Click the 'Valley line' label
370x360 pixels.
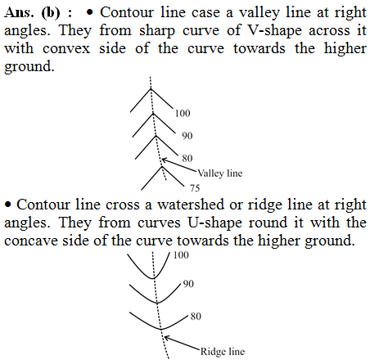(x=220, y=173)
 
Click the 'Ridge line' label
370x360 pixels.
(x=223, y=352)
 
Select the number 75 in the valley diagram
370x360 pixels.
(x=195, y=188)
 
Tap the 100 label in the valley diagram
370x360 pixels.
(x=183, y=113)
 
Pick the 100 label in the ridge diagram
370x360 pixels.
(x=181, y=255)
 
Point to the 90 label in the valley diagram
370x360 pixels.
(x=187, y=136)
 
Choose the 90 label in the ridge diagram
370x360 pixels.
(x=188, y=284)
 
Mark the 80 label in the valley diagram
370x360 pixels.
(x=187, y=158)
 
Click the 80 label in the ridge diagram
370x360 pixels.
(x=196, y=317)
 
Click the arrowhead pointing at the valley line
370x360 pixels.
(x=164, y=160)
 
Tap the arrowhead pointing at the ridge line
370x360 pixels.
(x=166, y=338)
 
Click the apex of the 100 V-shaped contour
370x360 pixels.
(x=151, y=88)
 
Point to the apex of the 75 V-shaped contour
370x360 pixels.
(x=161, y=166)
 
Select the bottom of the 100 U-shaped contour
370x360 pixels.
(x=152, y=278)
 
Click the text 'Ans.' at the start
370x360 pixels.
(x=19, y=12)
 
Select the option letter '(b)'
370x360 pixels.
(x=51, y=13)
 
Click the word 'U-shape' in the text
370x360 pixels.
(x=215, y=223)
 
